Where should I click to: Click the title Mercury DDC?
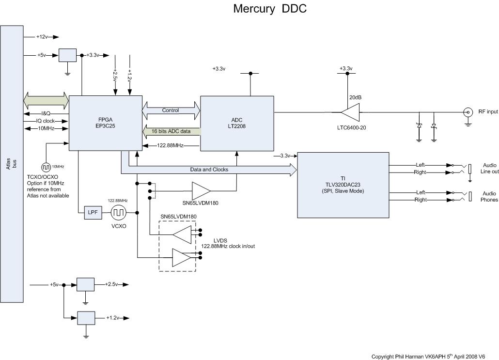tap(270, 9)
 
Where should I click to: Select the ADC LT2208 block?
tap(237, 124)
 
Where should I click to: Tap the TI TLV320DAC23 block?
tap(343, 178)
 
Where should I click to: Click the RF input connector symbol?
tap(468, 112)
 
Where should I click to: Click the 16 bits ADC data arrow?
tap(171, 131)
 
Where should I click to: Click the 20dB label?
tap(356, 97)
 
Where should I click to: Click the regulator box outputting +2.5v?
tap(86, 284)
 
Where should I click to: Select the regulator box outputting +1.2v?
tap(86, 317)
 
